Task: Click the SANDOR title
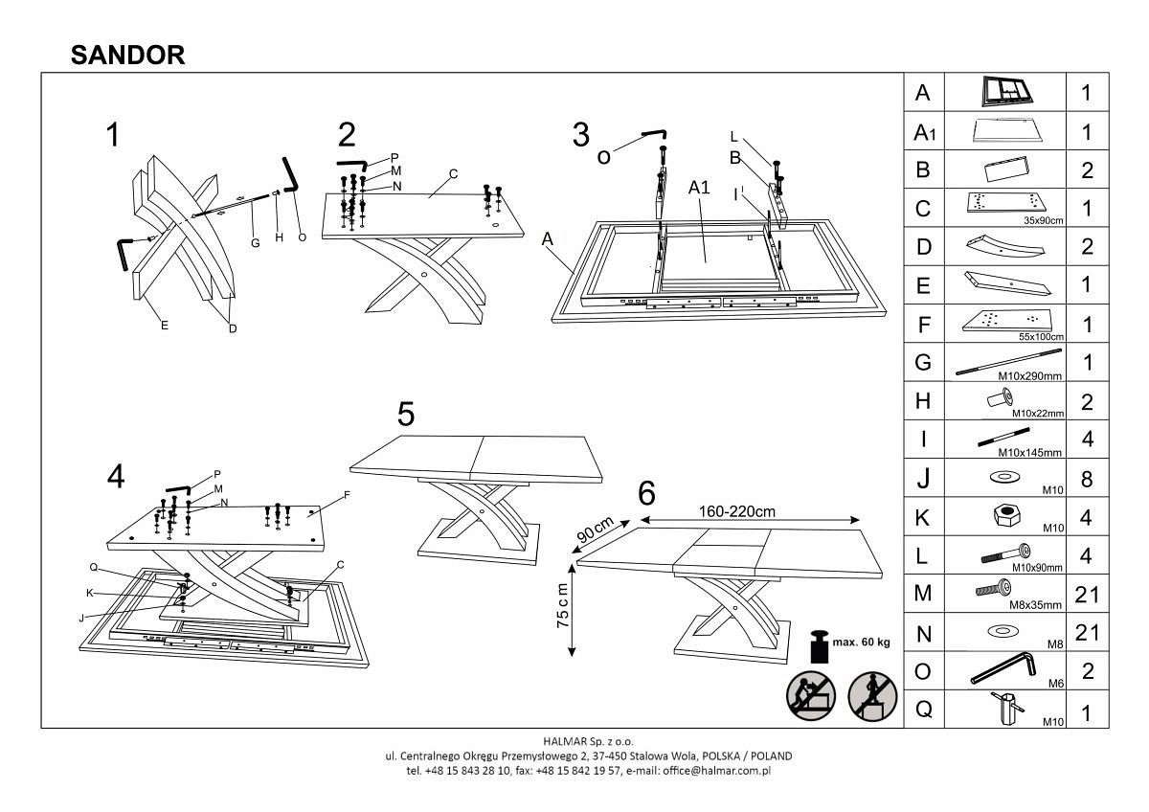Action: point(128,56)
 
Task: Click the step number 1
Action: point(114,135)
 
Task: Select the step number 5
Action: point(406,414)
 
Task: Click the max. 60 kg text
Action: point(862,642)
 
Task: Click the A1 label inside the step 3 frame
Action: point(699,189)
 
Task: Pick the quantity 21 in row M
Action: point(1087,594)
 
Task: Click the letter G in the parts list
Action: point(923,362)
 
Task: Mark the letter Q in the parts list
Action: point(923,710)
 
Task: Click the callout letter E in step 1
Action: point(165,326)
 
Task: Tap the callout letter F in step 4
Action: point(348,496)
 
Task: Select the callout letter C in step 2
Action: point(453,173)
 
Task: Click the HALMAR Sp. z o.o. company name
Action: point(588,741)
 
